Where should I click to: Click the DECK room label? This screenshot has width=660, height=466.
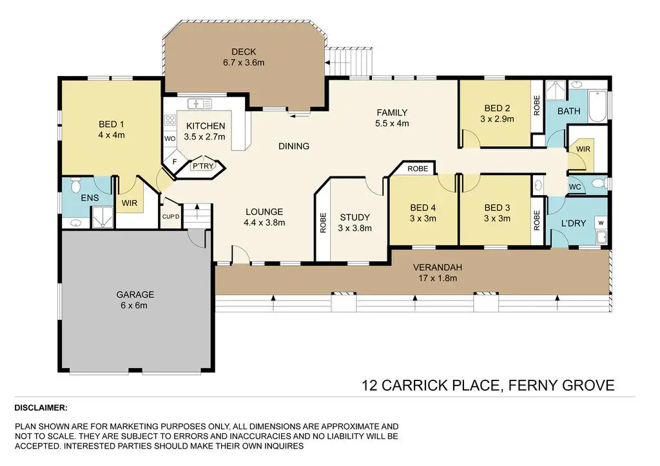click(x=244, y=51)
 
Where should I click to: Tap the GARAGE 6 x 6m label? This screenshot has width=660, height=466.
click(x=135, y=300)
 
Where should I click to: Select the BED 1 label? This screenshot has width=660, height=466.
click(x=111, y=124)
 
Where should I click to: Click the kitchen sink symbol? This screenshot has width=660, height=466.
click(x=200, y=104)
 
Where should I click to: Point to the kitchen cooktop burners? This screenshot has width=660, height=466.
click(x=170, y=120)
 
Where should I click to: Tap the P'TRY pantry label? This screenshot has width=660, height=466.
click(x=203, y=166)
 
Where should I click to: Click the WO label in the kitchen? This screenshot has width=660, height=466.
click(x=170, y=138)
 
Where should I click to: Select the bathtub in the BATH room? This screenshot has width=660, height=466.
click(x=597, y=106)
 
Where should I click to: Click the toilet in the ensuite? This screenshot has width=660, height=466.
click(x=76, y=183)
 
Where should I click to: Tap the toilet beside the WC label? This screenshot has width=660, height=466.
click(x=599, y=183)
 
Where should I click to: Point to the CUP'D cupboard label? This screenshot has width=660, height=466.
click(x=171, y=217)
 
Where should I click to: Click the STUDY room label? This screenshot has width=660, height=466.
click(x=355, y=218)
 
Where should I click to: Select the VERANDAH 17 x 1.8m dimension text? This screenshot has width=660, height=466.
click(x=438, y=278)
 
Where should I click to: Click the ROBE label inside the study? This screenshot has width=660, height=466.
click(x=323, y=223)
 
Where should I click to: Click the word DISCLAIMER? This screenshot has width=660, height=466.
click(x=41, y=407)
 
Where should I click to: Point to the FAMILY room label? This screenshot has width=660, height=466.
click(x=392, y=113)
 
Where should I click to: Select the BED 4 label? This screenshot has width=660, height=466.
click(x=423, y=208)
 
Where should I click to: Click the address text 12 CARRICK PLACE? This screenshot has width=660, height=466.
click(x=431, y=386)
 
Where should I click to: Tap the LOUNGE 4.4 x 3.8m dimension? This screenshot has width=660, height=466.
click(x=264, y=223)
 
